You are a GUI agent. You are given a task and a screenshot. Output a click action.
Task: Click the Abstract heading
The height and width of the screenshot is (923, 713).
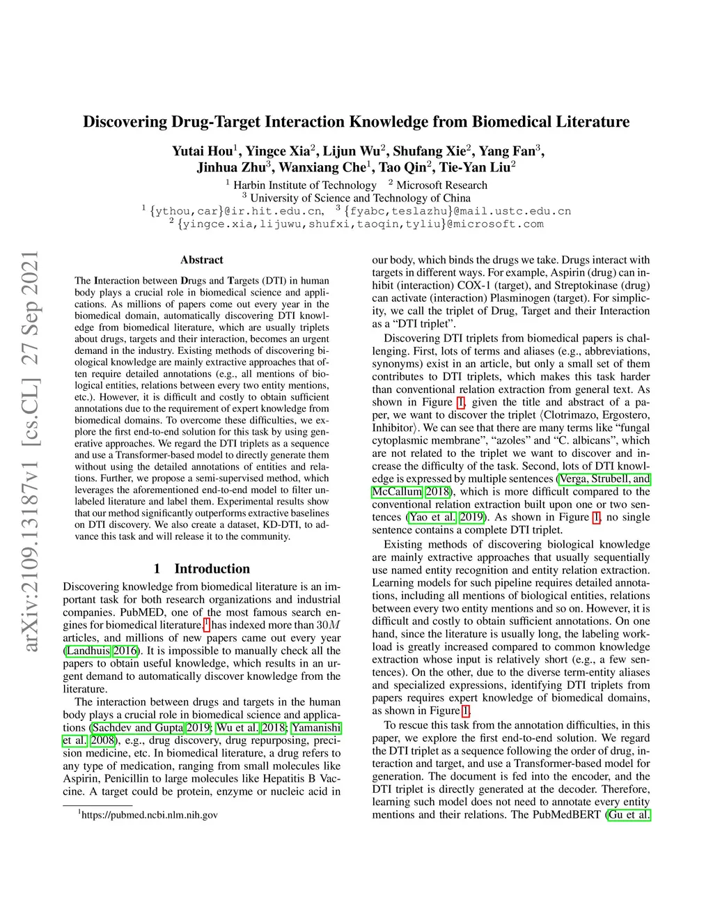click(x=201, y=260)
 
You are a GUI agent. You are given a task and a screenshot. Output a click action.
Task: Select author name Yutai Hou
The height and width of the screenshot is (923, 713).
click(x=203, y=151)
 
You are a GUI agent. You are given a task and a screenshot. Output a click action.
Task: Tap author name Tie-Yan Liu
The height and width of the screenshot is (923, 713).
click(x=475, y=167)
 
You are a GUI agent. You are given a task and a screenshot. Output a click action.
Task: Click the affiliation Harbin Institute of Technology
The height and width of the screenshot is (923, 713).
click(x=304, y=185)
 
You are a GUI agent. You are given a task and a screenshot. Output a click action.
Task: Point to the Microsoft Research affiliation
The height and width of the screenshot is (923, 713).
click(x=441, y=185)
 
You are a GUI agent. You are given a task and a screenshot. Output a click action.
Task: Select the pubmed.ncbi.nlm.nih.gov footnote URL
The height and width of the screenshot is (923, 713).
click(x=149, y=814)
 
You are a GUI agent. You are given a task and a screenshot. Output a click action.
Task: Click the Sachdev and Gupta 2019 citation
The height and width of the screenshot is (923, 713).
click(x=151, y=727)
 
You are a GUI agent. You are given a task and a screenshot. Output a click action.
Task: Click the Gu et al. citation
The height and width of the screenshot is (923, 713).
click(x=629, y=814)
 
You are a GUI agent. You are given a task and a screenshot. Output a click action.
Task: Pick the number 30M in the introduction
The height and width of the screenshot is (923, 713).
click(x=329, y=625)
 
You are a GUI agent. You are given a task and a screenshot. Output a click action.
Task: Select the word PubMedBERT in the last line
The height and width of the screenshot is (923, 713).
click(x=566, y=814)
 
